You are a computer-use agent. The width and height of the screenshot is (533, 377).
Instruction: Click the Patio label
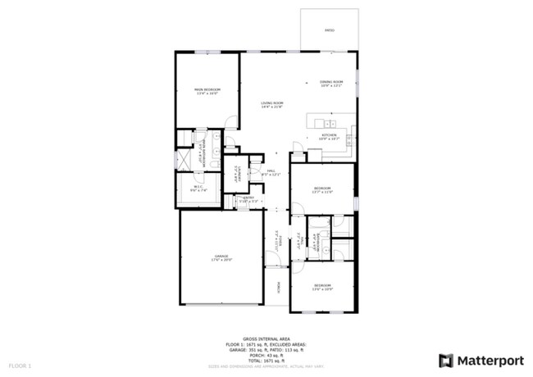(329, 30)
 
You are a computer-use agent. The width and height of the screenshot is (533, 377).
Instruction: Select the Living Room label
(271, 103)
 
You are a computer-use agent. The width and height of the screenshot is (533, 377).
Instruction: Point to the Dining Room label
(330, 82)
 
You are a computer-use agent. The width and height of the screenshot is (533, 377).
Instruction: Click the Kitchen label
(330, 136)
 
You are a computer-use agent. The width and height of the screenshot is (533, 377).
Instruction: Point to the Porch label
(279, 287)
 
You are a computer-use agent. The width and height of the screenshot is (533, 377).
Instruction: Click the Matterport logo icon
(446, 360)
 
